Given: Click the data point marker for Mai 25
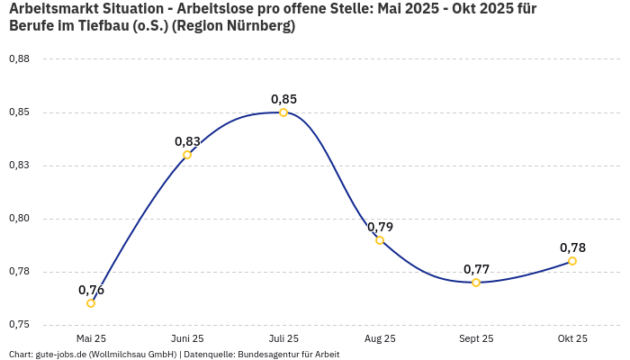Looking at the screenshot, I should pyautogui.click(x=91, y=303).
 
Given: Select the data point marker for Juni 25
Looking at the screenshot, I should pyautogui.click(x=187, y=155).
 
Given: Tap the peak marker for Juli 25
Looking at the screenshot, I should pyautogui.click(x=283, y=112).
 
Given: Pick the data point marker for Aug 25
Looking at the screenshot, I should pyautogui.click(x=380, y=240).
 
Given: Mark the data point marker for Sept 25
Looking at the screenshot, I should pyautogui.click(x=476, y=283).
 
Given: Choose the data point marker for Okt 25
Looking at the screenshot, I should pyautogui.click(x=572, y=261).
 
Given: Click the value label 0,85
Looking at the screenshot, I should pyautogui.click(x=283, y=99).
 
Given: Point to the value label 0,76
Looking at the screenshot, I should pyautogui.click(x=91, y=290).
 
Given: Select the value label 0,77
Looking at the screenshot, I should pyautogui.click(x=476, y=269).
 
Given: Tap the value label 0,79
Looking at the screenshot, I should pyautogui.click(x=380, y=227).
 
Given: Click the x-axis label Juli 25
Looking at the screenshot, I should pyautogui.click(x=283, y=338).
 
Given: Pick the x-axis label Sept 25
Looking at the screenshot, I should pyautogui.click(x=476, y=338).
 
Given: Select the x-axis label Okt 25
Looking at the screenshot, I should pyautogui.click(x=572, y=338).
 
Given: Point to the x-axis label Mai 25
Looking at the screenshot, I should pyautogui.click(x=91, y=338).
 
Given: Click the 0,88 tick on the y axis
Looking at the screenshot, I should pyautogui.click(x=19, y=59).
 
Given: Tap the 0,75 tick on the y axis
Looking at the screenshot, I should pyautogui.click(x=19, y=324).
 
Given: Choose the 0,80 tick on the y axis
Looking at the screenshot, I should pyautogui.click(x=19, y=219).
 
